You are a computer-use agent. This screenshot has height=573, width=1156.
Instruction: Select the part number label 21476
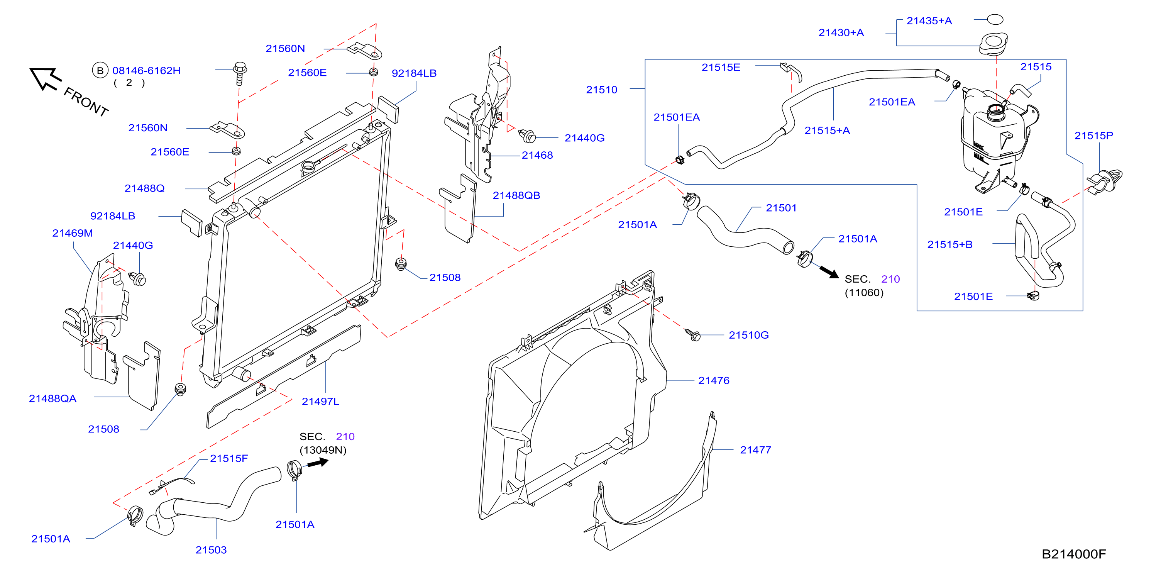pyautogui.click(x=714, y=381)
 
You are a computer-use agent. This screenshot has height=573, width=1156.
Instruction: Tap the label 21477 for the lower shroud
pyautogui.click(x=755, y=450)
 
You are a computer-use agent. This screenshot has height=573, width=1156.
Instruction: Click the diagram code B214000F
pyautogui.click(x=1073, y=554)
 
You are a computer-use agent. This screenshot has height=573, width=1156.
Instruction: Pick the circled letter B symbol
pyautogui.click(x=100, y=71)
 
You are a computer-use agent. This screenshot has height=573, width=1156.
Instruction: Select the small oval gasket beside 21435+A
pyautogui.click(x=995, y=19)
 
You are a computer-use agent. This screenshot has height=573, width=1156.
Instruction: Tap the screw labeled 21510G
pyautogui.click(x=692, y=334)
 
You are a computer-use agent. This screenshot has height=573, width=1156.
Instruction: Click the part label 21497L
pyautogui.click(x=320, y=402)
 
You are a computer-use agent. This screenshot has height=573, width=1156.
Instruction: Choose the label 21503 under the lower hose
pyautogui.click(x=211, y=550)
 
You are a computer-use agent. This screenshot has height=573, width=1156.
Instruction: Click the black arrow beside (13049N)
pyautogui.click(x=318, y=462)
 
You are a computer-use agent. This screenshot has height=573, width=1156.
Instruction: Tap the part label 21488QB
pyautogui.click(x=516, y=196)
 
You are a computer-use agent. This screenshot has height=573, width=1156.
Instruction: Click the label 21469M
pyautogui.click(x=72, y=234)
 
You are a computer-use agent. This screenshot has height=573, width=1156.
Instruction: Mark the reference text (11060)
pyautogui.click(x=864, y=293)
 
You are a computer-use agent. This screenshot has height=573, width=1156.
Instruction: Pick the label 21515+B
pyautogui.click(x=950, y=245)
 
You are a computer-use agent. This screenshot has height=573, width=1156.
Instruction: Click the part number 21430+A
pyautogui.click(x=841, y=33)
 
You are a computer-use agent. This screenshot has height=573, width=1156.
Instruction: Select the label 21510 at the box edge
pyautogui.click(x=601, y=90)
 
